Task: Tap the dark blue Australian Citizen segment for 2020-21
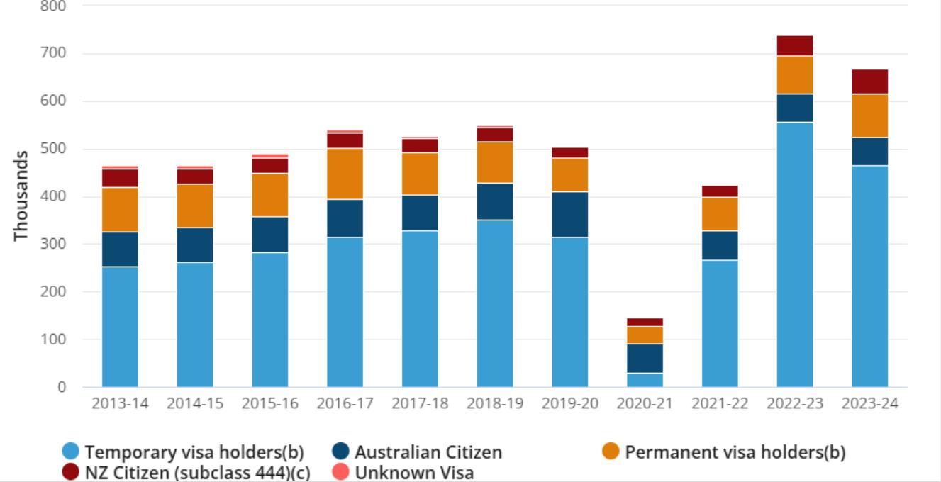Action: (x=645, y=358)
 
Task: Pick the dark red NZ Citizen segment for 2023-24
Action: (x=869, y=82)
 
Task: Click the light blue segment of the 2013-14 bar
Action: (x=120, y=326)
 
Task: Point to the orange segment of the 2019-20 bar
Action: (x=569, y=174)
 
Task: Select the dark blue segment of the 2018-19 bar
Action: (x=494, y=201)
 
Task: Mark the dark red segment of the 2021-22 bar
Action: (x=720, y=191)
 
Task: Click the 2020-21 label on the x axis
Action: (x=645, y=404)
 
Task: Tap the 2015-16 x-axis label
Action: (x=269, y=404)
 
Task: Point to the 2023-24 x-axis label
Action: (x=869, y=404)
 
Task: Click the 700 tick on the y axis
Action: (x=54, y=54)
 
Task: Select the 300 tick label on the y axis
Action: (x=54, y=245)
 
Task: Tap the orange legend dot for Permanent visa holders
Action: (x=611, y=452)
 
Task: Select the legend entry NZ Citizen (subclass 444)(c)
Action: (x=197, y=472)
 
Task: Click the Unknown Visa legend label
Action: (x=414, y=472)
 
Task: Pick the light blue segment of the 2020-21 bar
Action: (x=645, y=380)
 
